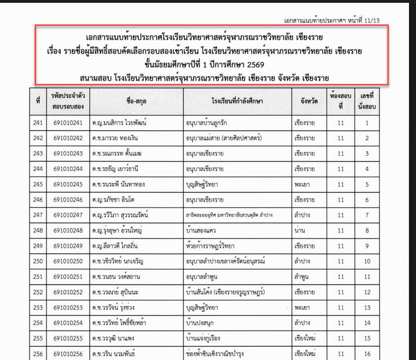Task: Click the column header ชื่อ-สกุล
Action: (136, 101)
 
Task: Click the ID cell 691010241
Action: (68, 123)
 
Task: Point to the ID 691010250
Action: (68, 261)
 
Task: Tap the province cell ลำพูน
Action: (302, 277)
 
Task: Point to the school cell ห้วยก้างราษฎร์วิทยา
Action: (210, 246)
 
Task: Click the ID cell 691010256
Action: (68, 353)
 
